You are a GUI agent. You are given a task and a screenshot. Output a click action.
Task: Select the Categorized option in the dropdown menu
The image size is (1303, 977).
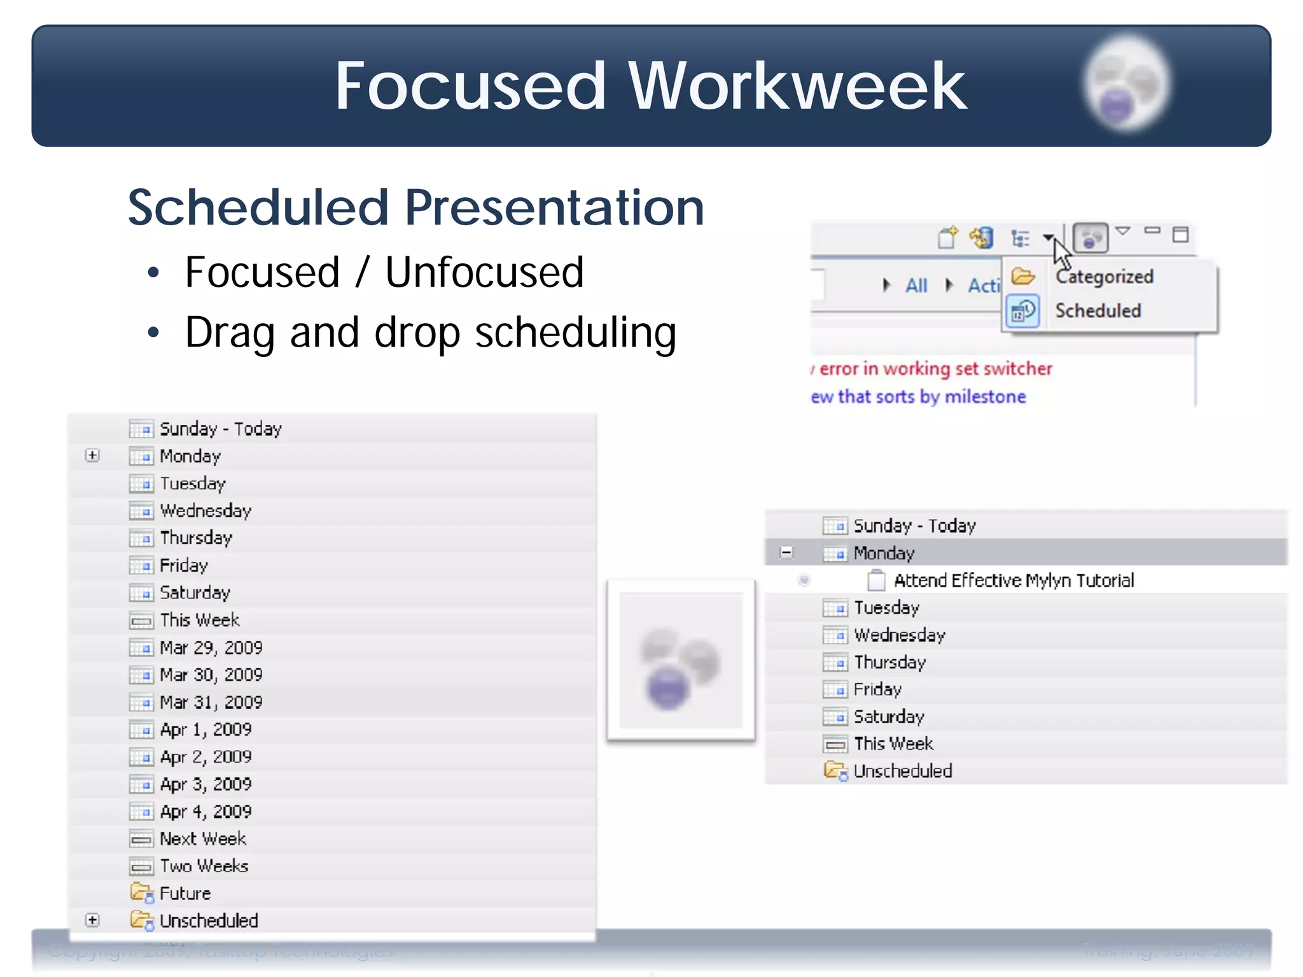pyautogui.click(x=1104, y=277)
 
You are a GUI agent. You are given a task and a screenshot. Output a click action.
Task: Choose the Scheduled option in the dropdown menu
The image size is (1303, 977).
pyautogui.click(x=1097, y=311)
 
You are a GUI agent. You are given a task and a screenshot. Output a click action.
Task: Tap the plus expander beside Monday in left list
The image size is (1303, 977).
pyautogui.click(x=93, y=455)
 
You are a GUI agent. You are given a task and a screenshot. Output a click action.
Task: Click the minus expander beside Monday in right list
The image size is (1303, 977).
pyautogui.click(x=786, y=553)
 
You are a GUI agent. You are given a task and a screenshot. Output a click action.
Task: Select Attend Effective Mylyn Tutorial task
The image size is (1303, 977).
pyautogui.click(x=1013, y=581)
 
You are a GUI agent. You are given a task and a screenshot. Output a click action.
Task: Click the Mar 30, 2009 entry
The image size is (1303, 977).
pyautogui.click(x=211, y=675)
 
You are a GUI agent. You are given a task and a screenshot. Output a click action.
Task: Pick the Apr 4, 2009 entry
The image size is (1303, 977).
pyautogui.click(x=205, y=812)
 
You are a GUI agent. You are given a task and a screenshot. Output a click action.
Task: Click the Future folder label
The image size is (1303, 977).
pyautogui.click(x=185, y=894)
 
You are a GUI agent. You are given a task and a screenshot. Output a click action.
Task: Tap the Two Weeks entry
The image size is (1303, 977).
pyautogui.click(x=204, y=866)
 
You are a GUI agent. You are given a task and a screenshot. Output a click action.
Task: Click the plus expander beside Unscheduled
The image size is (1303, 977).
pyautogui.click(x=93, y=920)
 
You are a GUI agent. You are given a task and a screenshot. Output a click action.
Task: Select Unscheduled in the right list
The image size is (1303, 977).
pyautogui.click(x=902, y=772)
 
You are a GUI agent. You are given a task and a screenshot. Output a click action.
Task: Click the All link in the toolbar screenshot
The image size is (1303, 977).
pyautogui.click(x=916, y=286)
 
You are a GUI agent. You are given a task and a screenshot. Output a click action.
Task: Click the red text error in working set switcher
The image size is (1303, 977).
pyautogui.click(x=935, y=369)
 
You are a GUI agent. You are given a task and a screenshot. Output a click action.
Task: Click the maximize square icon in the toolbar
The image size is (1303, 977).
pyautogui.click(x=1180, y=235)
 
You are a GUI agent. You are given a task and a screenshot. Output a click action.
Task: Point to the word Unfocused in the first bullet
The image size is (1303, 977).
pyautogui.click(x=484, y=272)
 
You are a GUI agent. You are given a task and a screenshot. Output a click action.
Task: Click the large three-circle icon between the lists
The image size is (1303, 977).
pyautogui.click(x=681, y=660)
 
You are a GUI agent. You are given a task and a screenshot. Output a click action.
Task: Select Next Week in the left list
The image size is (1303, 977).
pyautogui.click(x=202, y=839)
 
